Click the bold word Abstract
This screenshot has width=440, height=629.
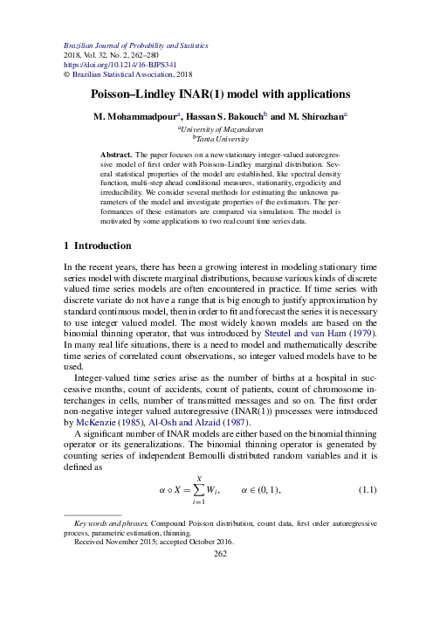pos(116,153)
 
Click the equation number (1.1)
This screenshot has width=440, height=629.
pos(367,488)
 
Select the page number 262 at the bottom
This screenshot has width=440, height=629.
pos(220,552)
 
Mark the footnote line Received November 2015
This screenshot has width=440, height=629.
pos(122,542)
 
